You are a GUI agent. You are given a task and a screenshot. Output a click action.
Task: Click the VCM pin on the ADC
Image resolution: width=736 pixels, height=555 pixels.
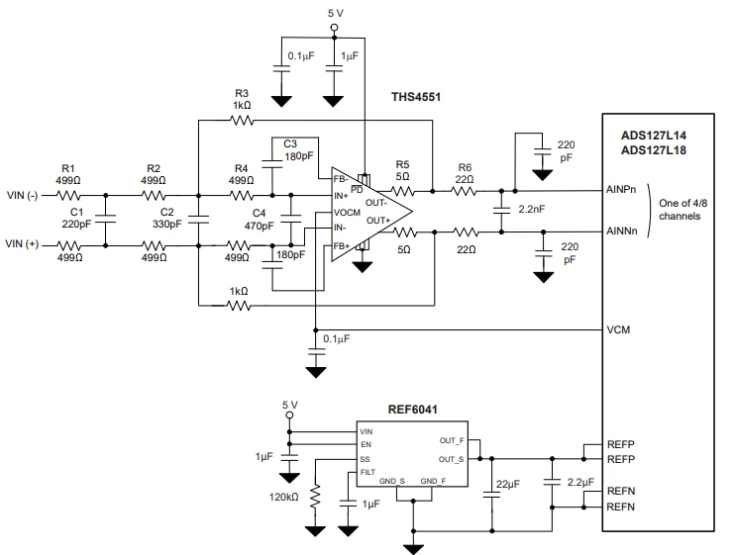[618, 329]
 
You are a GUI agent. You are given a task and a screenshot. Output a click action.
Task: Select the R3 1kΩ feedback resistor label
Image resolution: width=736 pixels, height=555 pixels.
[242, 99]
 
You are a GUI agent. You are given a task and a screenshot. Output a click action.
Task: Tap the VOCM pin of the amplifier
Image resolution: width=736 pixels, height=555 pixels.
[347, 212]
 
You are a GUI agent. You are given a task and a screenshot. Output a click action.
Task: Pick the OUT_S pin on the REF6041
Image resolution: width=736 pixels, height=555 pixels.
[452, 458]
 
